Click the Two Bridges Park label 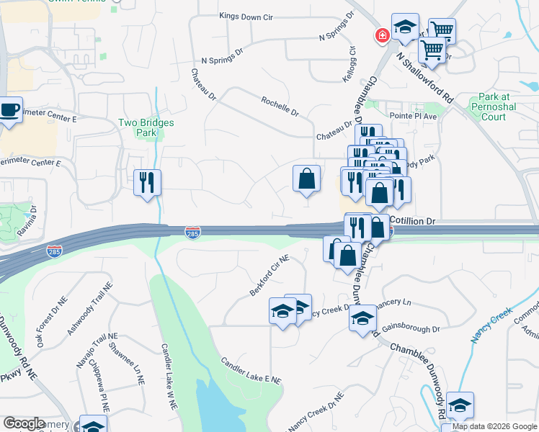(x=146, y=127)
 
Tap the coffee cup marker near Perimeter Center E (x=9, y=110)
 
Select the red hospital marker (x=380, y=35)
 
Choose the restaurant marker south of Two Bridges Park (x=147, y=181)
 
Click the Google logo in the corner (x=24, y=423)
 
